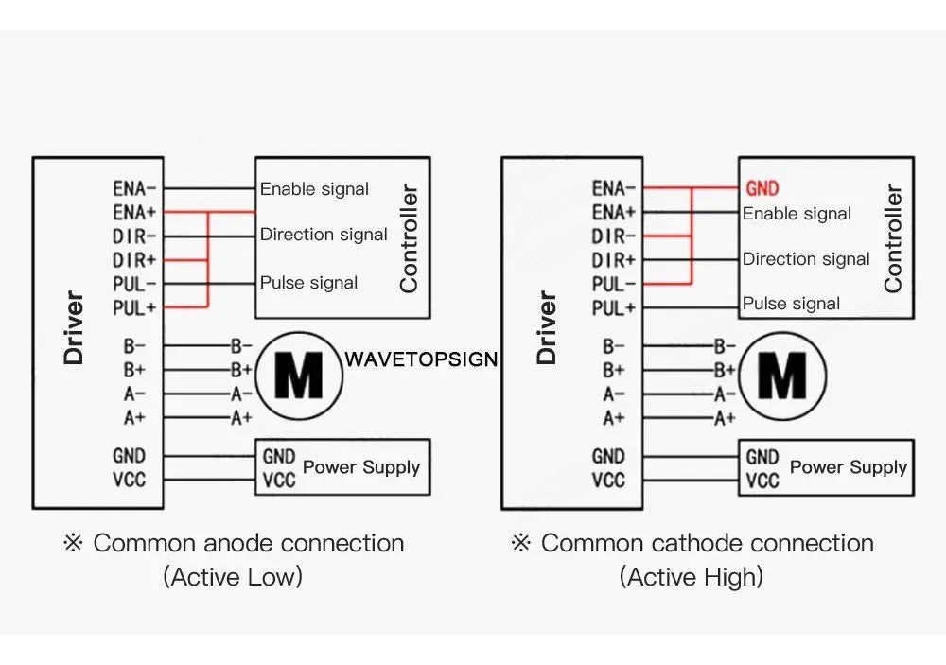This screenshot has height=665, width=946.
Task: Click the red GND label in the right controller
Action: [762, 188]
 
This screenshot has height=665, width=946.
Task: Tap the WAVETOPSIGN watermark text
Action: [421, 359]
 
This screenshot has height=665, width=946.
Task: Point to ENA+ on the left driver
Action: [134, 213]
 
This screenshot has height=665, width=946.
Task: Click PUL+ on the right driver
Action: [613, 307]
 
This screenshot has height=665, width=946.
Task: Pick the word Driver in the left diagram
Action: [74, 328]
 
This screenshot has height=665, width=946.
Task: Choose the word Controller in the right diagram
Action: [892, 237]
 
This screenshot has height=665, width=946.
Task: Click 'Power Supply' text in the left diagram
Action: [361, 466]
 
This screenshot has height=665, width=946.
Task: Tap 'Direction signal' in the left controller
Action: [324, 235]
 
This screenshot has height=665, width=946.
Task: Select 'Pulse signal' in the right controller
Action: [791, 304]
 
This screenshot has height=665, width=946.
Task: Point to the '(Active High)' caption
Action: [692, 576]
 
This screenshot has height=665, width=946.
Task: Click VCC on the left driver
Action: [129, 480]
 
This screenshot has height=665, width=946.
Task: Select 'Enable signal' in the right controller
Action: [797, 214]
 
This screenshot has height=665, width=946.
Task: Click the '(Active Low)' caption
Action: [233, 576]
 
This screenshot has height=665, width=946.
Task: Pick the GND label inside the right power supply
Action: [762, 458]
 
